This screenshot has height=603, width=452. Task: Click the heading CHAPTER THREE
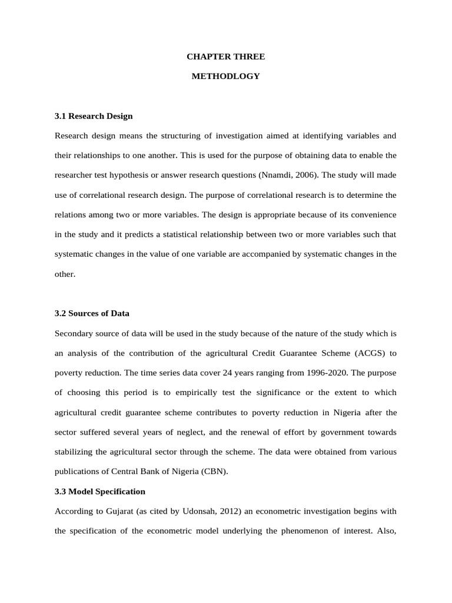click(x=225, y=57)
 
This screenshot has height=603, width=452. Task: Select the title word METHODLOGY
click(x=225, y=77)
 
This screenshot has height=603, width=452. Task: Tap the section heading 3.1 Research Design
click(x=94, y=116)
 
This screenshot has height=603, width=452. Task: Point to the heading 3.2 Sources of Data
click(x=92, y=313)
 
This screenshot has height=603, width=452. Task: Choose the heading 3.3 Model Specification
click(x=99, y=491)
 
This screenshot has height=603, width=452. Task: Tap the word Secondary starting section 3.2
click(x=74, y=333)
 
